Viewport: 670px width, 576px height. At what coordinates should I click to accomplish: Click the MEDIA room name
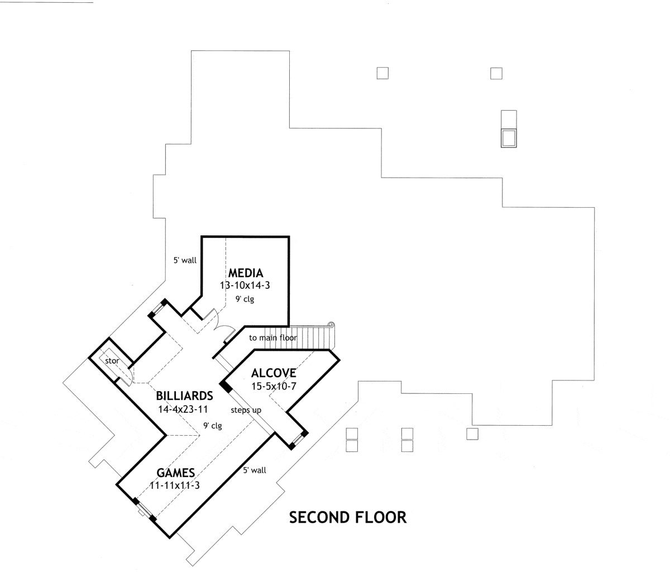[x=245, y=273]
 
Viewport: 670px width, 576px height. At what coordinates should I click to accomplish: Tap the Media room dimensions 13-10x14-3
[x=245, y=285]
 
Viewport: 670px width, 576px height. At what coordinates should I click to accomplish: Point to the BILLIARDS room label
[x=185, y=396]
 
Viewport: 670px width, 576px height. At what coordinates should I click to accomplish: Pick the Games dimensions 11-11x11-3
[x=175, y=485]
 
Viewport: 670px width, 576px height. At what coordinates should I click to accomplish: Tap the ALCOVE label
[x=273, y=373]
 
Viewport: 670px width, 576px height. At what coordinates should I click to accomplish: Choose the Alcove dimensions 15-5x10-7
[x=273, y=386]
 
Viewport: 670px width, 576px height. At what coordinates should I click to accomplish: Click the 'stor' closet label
[x=112, y=361]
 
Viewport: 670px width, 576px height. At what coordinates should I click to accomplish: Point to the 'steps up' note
[x=247, y=410]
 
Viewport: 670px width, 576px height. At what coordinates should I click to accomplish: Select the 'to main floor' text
[x=273, y=338]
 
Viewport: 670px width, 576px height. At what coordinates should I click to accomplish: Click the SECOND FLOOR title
[x=348, y=518]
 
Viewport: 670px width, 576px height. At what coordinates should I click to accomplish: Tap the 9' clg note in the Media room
[x=244, y=299]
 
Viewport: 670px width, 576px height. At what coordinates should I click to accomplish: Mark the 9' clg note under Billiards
[x=212, y=426]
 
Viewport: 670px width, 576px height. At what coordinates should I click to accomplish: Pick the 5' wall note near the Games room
[x=255, y=470]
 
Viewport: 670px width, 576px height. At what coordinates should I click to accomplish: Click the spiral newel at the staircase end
[x=331, y=325]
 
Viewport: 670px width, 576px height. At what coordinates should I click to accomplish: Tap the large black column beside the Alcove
[x=226, y=387]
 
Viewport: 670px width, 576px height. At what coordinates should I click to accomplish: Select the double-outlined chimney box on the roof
[x=509, y=137]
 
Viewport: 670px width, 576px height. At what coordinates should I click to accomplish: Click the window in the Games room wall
[x=143, y=509]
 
